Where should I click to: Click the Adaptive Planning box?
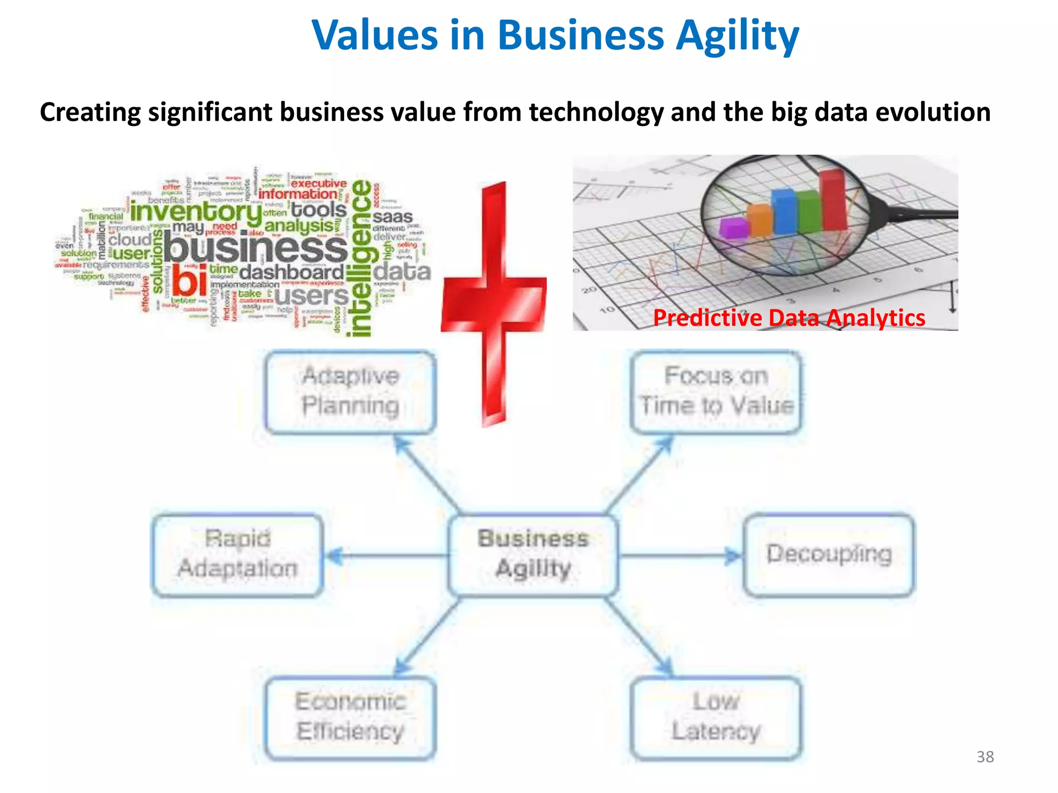click(x=350, y=391)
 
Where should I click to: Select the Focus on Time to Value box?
click(x=716, y=391)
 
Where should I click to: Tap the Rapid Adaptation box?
click(x=238, y=554)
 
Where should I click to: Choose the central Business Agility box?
click(x=533, y=554)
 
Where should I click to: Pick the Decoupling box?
click(x=829, y=554)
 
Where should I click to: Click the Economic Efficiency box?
click(x=350, y=718)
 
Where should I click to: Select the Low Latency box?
click(x=716, y=718)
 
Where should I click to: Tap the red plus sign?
click(x=494, y=305)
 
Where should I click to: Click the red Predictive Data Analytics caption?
click(x=789, y=318)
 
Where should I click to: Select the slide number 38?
click(x=985, y=757)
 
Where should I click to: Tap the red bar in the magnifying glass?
click(x=833, y=199)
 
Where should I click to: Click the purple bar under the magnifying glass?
click(x=734, y=227)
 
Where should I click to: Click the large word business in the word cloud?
click(x=256, y=249)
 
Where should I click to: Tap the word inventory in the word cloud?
click(x=196, y=212)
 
